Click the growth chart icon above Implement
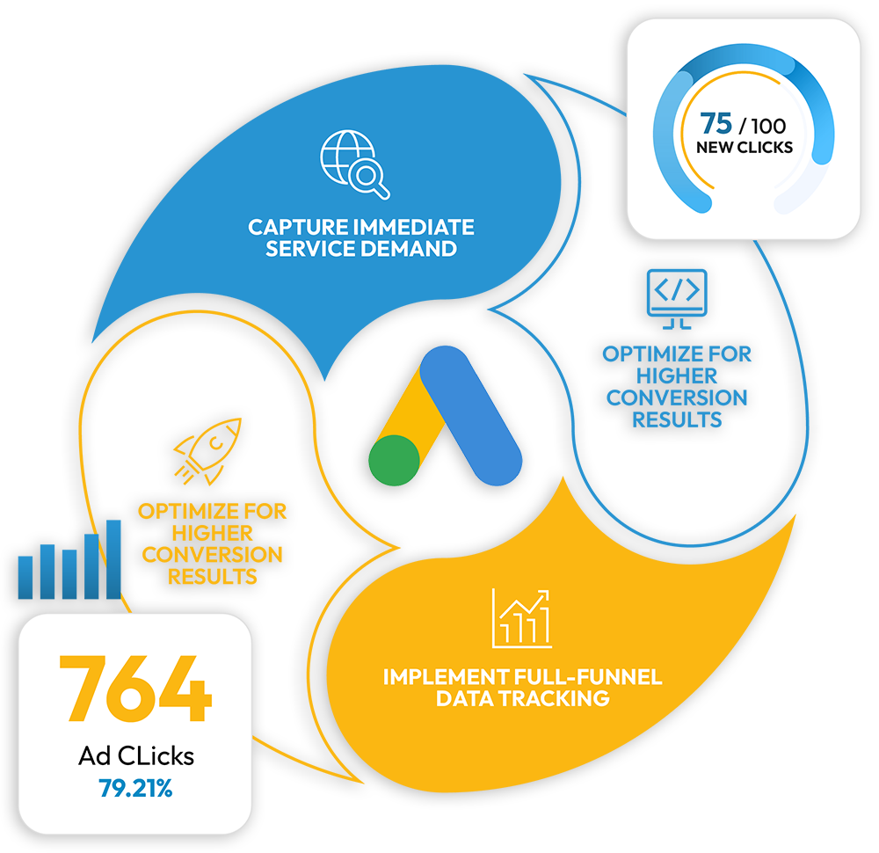pyautogui.click(x=522, y=617)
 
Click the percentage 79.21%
pyautogui.click(x=135, y=788)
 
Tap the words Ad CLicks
pyautogui.click(x=135, y=756)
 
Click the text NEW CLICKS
pyautogui.click(x=745, y=147)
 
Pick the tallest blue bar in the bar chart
pyautogui.click(x=113, y=559)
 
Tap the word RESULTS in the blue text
pyautogui.click(x=677, y=419)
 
